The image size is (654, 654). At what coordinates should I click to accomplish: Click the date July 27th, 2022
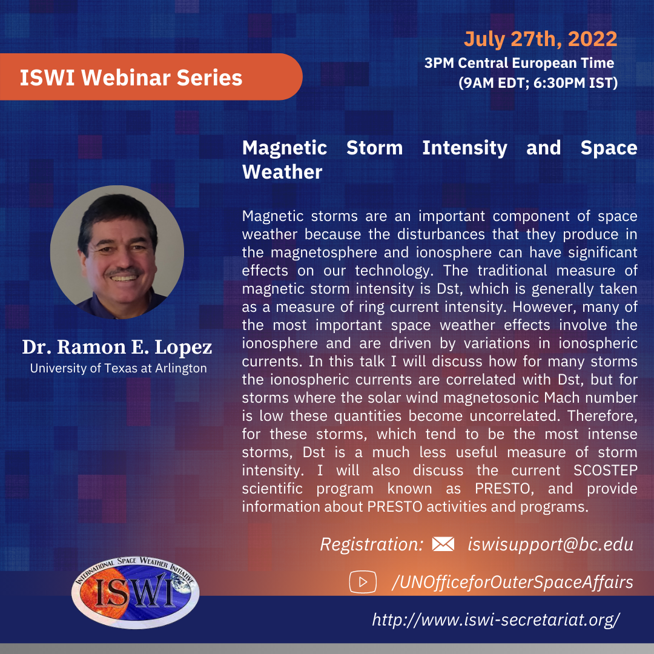(540, 39)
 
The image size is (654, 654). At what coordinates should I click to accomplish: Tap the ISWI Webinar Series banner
(151, 77)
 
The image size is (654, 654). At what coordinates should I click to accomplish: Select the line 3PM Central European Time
(520, 63)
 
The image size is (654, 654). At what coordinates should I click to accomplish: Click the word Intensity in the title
(464, 148)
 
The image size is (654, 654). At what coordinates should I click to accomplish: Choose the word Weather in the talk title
(282, 172)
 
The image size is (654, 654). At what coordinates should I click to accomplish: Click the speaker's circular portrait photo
(117, 253)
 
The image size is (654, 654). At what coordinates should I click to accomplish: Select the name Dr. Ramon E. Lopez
(117, 347)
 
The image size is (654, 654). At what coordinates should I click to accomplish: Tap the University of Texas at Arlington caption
(119, 368)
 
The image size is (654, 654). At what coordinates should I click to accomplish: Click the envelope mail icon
(443, 544)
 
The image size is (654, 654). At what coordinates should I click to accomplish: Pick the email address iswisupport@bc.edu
(550, 544)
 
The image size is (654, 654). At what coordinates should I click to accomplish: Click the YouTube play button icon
(363, 582)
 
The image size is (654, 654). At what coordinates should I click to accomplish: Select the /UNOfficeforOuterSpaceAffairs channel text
(513, 583)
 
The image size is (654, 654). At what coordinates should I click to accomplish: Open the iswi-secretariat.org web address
(496, 620)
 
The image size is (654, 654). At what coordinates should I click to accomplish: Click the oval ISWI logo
(135, 592)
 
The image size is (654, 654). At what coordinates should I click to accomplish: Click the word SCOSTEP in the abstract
(605, 471)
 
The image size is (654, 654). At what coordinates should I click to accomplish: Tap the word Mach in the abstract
(562, 398)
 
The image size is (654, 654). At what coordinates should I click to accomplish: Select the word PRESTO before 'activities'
(395, 507)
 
